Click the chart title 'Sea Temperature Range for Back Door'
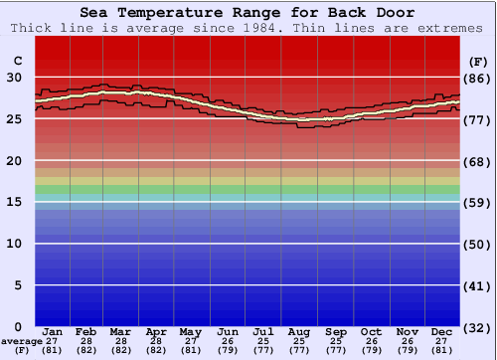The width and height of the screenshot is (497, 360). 248,13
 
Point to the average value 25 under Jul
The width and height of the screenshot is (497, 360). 263,340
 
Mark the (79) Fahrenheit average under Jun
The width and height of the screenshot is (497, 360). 228,350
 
